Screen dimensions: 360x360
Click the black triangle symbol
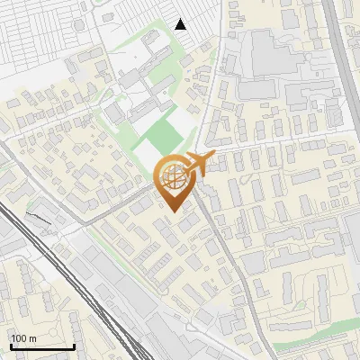(x=181, y=24)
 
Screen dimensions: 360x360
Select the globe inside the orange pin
(x=175, y=180)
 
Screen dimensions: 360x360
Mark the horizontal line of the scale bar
(x=42, y=346)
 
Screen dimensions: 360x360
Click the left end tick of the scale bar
(x=11, y=345)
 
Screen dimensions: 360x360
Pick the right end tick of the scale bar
(x=74, y=345)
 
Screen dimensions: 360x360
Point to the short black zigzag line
(x=40, y=217)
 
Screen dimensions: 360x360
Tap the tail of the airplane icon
(x=212, y=158)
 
